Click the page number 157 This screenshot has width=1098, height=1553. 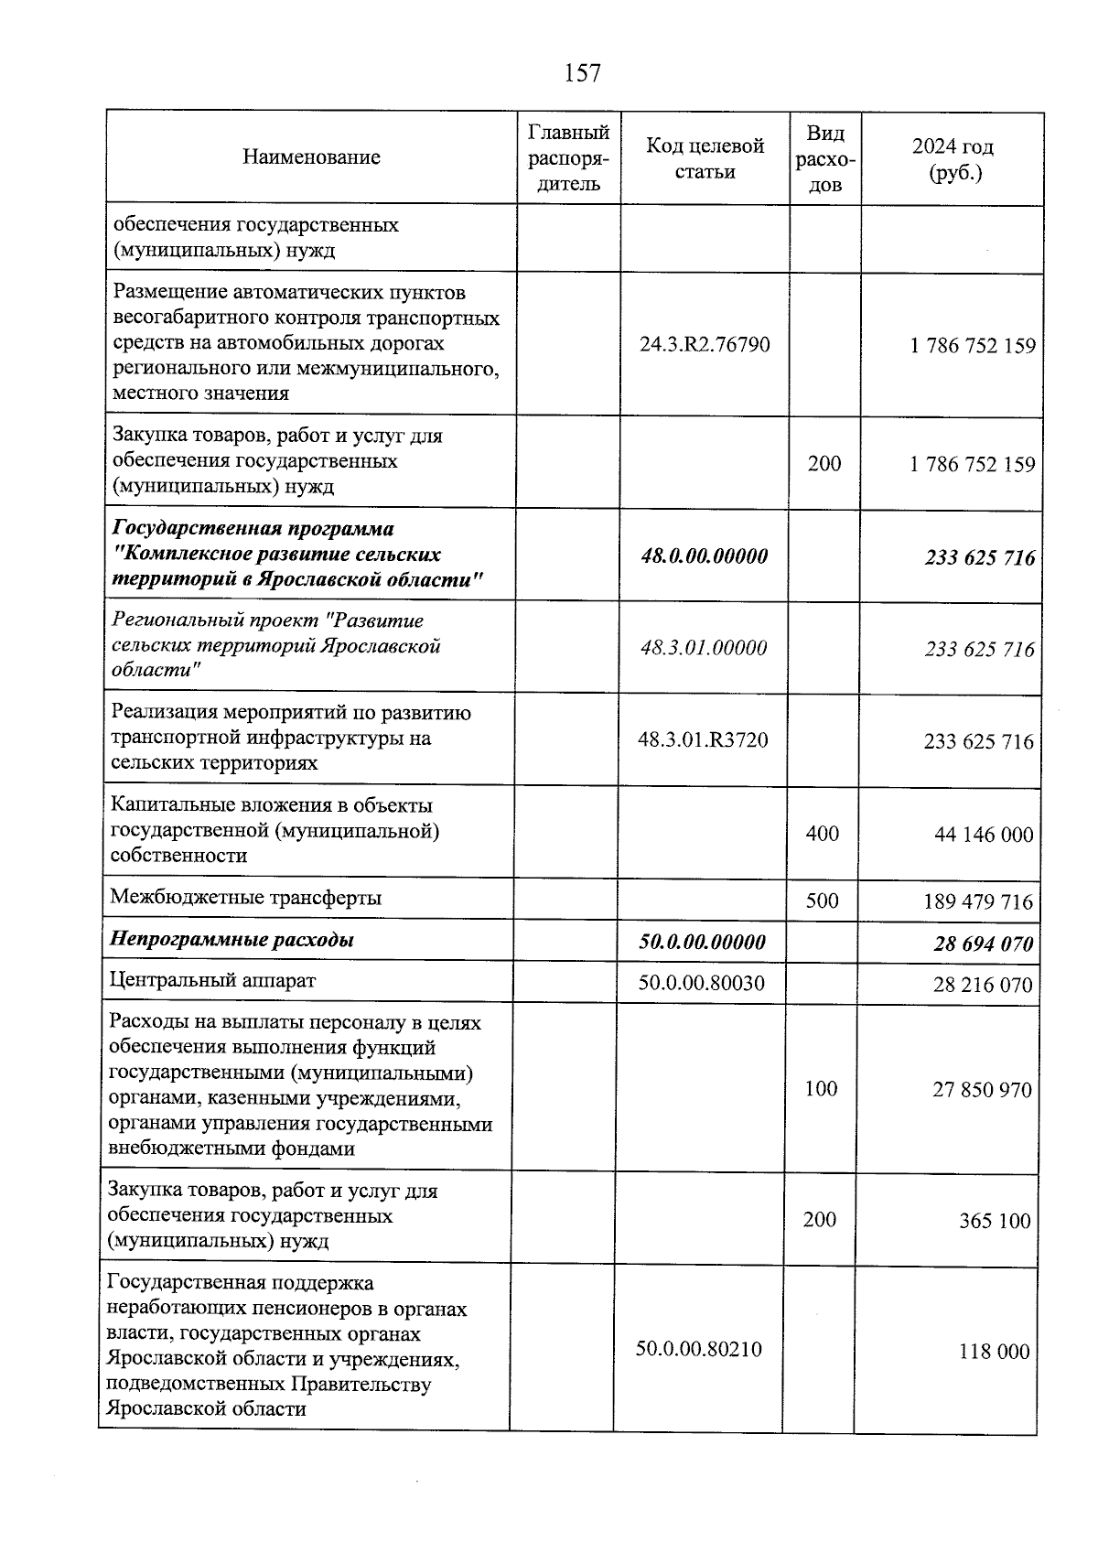pyautogui.click(x=582, y=73)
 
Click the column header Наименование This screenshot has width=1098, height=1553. pyautogui.click(x=311, y=157)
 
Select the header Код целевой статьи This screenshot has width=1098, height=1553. pyautogui.click(x=705, y=158)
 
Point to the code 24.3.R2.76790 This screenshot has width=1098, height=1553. pyautogui.click(x=705, y=345)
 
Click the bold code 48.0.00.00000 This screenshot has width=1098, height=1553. pyautogui.click(x=704, y=556)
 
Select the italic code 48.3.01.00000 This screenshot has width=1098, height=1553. pyautogui.click(x=703, y=648)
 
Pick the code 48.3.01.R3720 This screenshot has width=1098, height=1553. pyautogui.click(x=703, y=740)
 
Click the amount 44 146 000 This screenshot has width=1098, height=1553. pyautogui.click(x=984, y=835)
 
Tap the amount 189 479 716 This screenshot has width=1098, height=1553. pyautogui.click(x=978, y=902)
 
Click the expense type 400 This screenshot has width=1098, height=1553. pyautogui.click(x=822, y=834)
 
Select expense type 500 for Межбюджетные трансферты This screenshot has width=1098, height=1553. pyautogui.click(x=822, y=901)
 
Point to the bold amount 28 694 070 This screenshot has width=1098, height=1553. pyautogui.click(x=983, y=944)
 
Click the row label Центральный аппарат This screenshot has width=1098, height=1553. pyautogui.click(x=212, y=981)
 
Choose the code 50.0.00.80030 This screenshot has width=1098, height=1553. pyautogui.click(x=701, y=984)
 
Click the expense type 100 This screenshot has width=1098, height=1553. pyautogui.click(x=821, y=1088)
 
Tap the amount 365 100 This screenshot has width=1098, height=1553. pyautogui.click(x=994, y=1221)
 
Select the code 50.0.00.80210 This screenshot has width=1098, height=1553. pyautogui.click(x=699, y=1349)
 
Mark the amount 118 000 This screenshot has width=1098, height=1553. pyautogui.click(x=994, y=1352)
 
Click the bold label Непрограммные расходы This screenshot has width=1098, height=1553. pyautogui.click(x=231, y=940)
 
